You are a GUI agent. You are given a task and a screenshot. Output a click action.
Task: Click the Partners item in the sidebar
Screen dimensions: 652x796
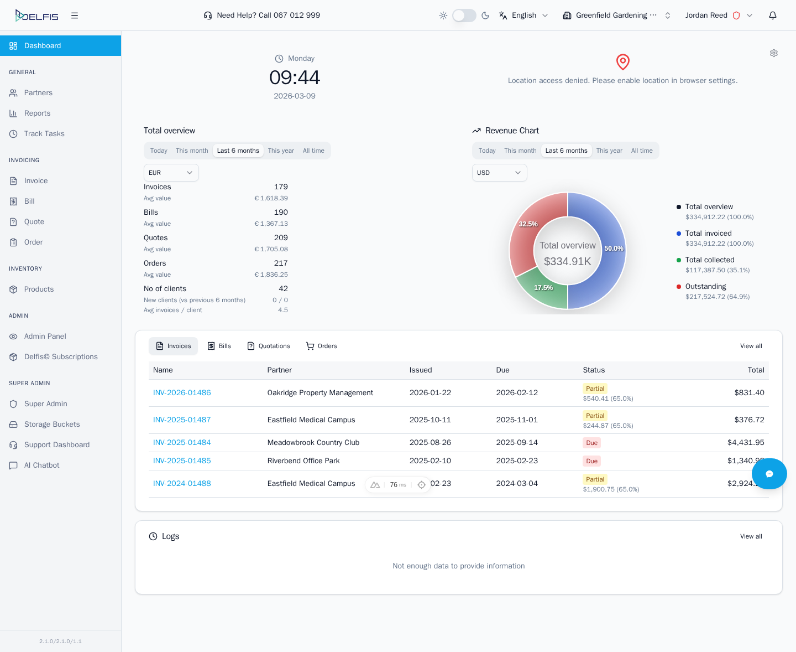point(38,93)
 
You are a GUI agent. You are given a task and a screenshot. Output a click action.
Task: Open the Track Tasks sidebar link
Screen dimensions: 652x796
point(44,134)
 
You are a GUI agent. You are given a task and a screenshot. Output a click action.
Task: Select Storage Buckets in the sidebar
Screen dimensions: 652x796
point(52,425)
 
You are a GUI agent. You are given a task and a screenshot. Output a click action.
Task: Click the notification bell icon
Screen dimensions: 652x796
point(773,15)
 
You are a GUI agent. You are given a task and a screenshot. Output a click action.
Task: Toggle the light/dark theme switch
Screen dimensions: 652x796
point(464,15)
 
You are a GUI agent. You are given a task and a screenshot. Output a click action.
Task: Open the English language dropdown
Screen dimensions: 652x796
point(523,15)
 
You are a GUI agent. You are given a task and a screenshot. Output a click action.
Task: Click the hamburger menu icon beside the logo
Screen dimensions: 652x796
point(75,15)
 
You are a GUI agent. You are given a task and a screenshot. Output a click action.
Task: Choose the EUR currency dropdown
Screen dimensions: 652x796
point(171,173)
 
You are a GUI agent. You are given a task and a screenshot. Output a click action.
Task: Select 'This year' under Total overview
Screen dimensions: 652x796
point(281,151)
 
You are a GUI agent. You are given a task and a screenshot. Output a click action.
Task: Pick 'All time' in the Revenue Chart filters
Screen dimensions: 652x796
point(642,151)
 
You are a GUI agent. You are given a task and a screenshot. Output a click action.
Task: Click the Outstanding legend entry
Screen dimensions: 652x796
point(705,287)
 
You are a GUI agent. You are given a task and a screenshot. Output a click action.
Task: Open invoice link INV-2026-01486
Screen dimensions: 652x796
point(182,393)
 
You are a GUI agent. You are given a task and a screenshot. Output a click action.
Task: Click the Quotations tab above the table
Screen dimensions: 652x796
point(269,346)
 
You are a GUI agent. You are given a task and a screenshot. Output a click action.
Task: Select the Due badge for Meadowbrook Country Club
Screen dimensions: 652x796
point(591,443)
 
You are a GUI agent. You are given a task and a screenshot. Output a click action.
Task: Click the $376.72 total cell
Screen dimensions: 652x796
point(749,420)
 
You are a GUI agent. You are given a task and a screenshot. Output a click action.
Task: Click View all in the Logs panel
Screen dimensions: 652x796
point(751,536)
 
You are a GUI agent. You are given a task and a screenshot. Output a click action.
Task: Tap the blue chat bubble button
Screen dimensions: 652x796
point(769,474)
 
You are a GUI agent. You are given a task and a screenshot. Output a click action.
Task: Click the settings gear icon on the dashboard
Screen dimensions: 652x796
point(774,53)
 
